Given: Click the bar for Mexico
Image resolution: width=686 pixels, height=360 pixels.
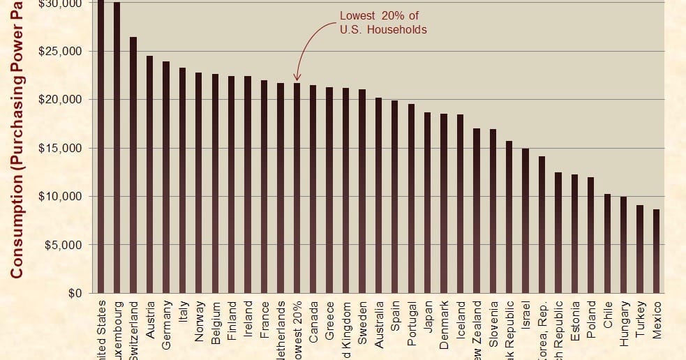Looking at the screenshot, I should tap(656, 251).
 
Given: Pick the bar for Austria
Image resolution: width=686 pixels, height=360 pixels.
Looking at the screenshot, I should tap(149, 174).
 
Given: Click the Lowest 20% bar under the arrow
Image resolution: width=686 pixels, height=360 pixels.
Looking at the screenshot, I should tap(297, 188).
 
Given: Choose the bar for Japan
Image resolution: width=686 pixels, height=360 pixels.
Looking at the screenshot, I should tap(427, 202).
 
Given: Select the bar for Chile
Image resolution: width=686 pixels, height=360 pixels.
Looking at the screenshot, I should tap(607, 243).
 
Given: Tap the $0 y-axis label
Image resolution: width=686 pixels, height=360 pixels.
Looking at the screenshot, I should tap(74, 293).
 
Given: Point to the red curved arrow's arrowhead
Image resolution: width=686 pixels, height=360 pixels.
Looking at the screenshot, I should tap(297, 78).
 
